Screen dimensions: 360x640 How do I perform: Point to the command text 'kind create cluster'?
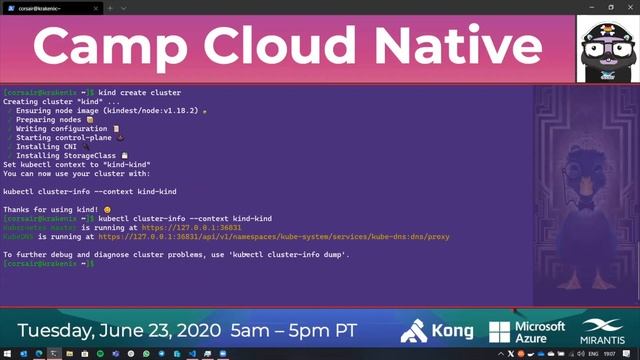click(x=140, y=92)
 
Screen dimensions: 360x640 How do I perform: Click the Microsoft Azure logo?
click(x=527, y=331)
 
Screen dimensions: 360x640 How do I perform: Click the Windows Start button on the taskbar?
click(x=8, y=353)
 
